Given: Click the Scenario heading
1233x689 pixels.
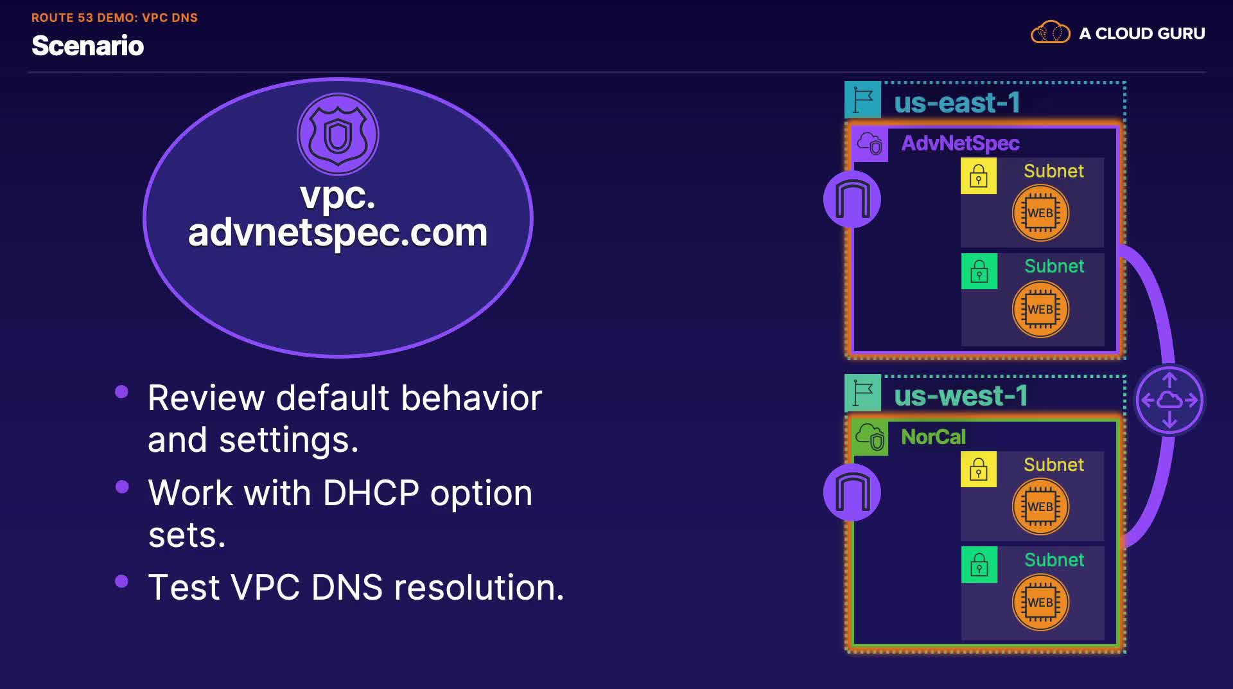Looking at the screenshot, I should [88, 46].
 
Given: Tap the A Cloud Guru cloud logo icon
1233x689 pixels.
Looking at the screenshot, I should [1050, 32].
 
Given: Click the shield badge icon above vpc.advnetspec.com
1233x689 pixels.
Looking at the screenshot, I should [338, 134].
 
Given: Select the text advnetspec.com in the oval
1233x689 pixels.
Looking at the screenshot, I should [338, 233].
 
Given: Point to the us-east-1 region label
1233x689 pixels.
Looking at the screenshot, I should [957, 103].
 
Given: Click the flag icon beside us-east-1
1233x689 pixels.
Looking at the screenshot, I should [862, 100].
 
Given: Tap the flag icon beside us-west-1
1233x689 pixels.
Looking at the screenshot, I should [862, 393].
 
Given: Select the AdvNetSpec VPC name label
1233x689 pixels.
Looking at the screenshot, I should [960, 143].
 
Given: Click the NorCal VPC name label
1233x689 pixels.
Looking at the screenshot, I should [933, 437].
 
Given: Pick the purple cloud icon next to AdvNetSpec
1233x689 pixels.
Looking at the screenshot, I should [870, 144].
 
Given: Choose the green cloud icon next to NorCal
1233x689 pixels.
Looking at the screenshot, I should [870, 438].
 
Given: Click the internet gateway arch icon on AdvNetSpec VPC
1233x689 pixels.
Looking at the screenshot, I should [852, 199].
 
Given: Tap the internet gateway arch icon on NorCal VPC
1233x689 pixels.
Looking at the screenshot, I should [852, 493].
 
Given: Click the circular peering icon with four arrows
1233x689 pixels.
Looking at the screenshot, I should [1169, 400].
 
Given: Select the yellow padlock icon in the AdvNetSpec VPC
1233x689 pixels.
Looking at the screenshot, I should [979, 176].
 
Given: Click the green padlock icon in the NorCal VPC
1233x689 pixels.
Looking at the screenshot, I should [979, 565].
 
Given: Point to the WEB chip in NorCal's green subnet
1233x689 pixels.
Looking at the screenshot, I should [1040, 602].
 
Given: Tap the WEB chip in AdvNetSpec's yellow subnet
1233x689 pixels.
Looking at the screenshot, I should [1040, 213].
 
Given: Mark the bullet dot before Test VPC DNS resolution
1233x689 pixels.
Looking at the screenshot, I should [121, 582].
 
